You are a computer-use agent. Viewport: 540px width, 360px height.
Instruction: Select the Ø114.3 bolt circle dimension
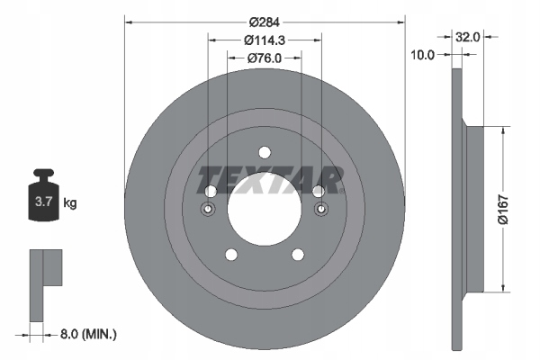(264, 40)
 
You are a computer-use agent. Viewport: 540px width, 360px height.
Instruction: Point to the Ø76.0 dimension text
(264, 58)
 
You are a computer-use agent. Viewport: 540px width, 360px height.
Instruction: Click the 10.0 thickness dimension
(422, 55)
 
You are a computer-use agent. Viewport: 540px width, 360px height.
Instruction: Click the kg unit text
(69, 203)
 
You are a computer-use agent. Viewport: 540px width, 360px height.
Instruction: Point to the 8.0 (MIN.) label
(88, 334)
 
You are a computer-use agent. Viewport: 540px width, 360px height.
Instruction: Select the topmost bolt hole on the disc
(264, 152)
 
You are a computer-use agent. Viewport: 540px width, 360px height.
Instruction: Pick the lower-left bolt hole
(231, 255)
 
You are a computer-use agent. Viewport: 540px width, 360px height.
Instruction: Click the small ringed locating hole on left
(208, 210)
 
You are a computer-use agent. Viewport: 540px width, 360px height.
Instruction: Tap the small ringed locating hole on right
(320, 210)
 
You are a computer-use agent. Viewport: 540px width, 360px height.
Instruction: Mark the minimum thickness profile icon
(45, 283)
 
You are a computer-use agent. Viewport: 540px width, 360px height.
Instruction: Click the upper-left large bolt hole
(211, 192)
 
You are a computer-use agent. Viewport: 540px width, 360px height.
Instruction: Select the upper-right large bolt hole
(318, 192)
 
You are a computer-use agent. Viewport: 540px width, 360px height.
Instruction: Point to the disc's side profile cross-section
(468, 207)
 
